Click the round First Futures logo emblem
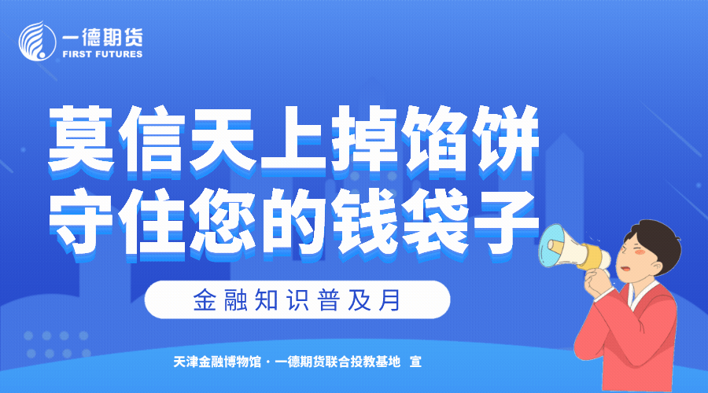37,42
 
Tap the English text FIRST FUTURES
102,54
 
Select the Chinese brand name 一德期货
102,36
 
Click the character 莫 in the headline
82,141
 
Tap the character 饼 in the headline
506,141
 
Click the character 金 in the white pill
205,300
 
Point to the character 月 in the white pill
389,300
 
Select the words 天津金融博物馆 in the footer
217,362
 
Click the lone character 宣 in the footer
415,362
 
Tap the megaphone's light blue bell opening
551,246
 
